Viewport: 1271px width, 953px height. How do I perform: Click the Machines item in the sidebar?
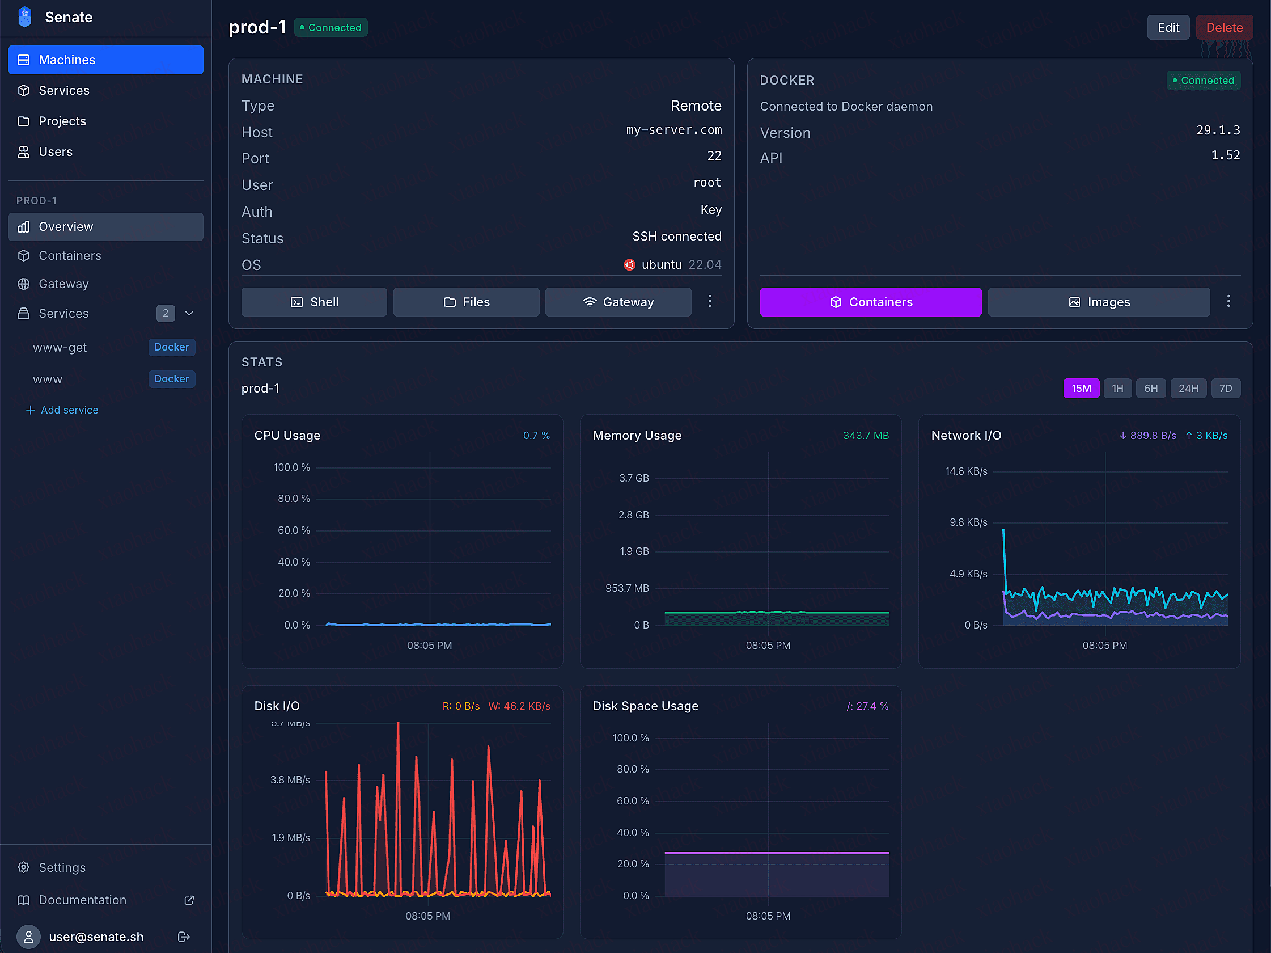[x=105, y=60]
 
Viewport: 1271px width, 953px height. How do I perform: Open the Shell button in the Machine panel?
[x=313, y=302]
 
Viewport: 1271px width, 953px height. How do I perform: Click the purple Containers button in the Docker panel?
[x=870, y=302]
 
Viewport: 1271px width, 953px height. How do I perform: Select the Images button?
[x=1098, y=302]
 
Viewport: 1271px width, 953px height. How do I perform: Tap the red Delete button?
[x=1224, y=28]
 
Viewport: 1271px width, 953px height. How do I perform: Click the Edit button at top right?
[x=1168, y=28]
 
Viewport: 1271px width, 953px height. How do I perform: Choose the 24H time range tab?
[x=1188, y=389]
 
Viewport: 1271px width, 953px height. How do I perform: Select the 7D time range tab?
[x=1225, y=389]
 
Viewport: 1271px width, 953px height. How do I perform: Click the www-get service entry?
[x=60, y=347]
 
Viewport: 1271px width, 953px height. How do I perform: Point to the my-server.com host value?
[x=673, y=130]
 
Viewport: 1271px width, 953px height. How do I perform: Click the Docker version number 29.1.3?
[x=1218, y=130]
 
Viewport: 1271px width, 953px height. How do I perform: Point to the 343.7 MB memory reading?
[x=865, y=436]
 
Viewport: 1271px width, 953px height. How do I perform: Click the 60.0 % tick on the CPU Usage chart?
[x=294, y=530]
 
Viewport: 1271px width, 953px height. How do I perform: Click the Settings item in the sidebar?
[x=61, y=867]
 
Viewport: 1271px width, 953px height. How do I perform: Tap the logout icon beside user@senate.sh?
[x=184, y=937]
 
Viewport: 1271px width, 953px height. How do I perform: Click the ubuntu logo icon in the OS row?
[x=630, y=265]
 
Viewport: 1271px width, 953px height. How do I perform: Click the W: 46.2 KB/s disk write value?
[x=519, y=706]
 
